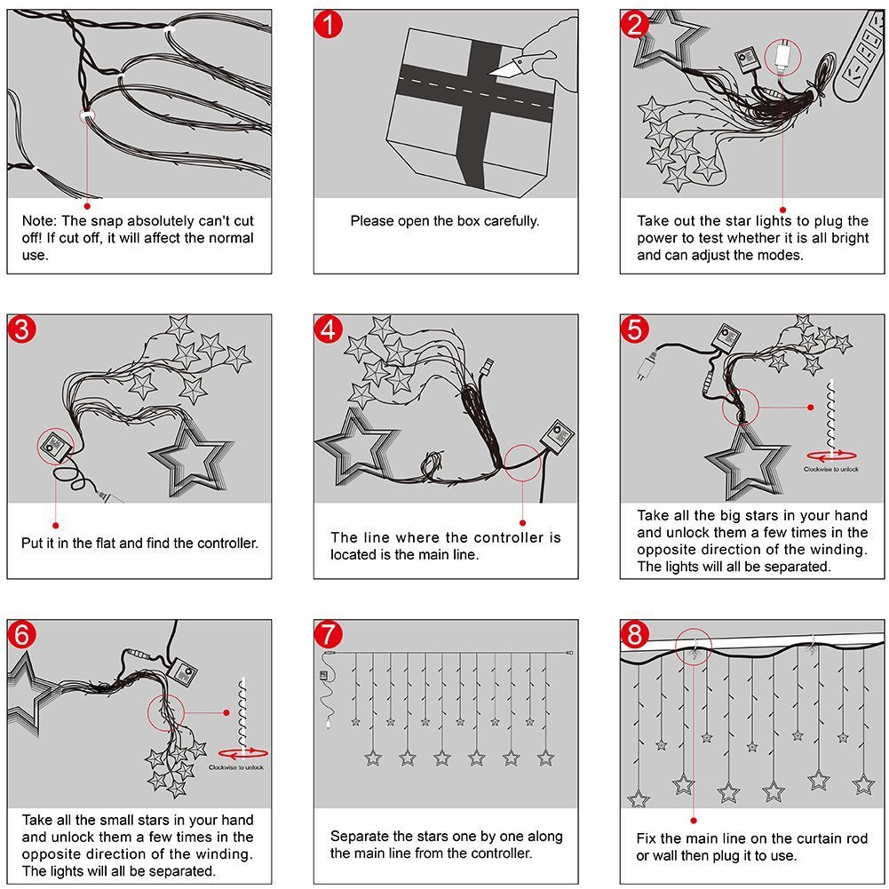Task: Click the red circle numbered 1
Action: coord(329,25)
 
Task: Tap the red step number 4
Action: coord(329,330)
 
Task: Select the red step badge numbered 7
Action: coord(329,636)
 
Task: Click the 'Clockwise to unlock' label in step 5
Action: coord(831,469)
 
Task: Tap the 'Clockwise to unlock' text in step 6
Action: coord(235,767)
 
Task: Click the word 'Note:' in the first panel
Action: coord(39,221)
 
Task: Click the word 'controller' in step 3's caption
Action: coord(224,543)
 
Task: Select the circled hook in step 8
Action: coord(693,648)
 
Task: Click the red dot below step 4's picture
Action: coord(523,523)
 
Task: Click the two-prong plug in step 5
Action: coord(648,366)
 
